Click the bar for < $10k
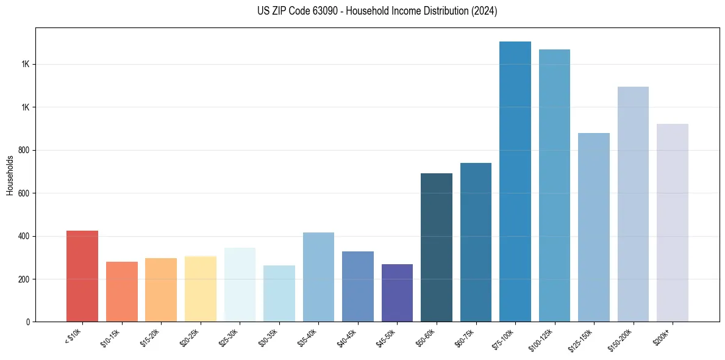[82, 276]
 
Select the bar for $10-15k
[122, 292]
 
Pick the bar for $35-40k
[318, 277]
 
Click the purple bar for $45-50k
[397, 293]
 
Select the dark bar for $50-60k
[437, 247]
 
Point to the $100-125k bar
[554, 185]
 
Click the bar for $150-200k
[633, 204]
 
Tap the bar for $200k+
[673, 223]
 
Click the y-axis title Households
[10, 175]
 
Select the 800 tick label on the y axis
[24, 150]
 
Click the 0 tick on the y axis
[27, 322]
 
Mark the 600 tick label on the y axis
[24, 193]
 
